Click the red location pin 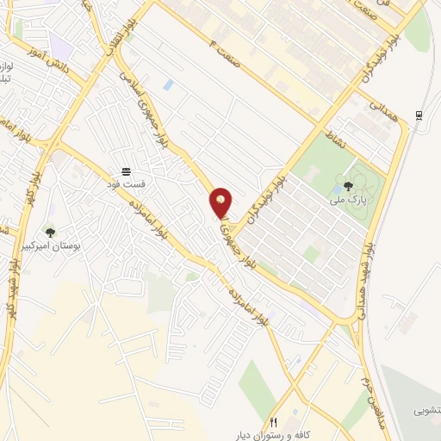[x=221, y=203]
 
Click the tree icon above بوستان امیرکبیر [x=50, y=231]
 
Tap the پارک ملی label [x=348, y=199]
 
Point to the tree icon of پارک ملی [x=348, y=185]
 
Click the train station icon [x=419, y=115]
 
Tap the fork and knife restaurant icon [x=274, y=421]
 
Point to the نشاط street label [x=332, y=137]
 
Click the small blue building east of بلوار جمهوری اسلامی [x=168, y=84]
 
